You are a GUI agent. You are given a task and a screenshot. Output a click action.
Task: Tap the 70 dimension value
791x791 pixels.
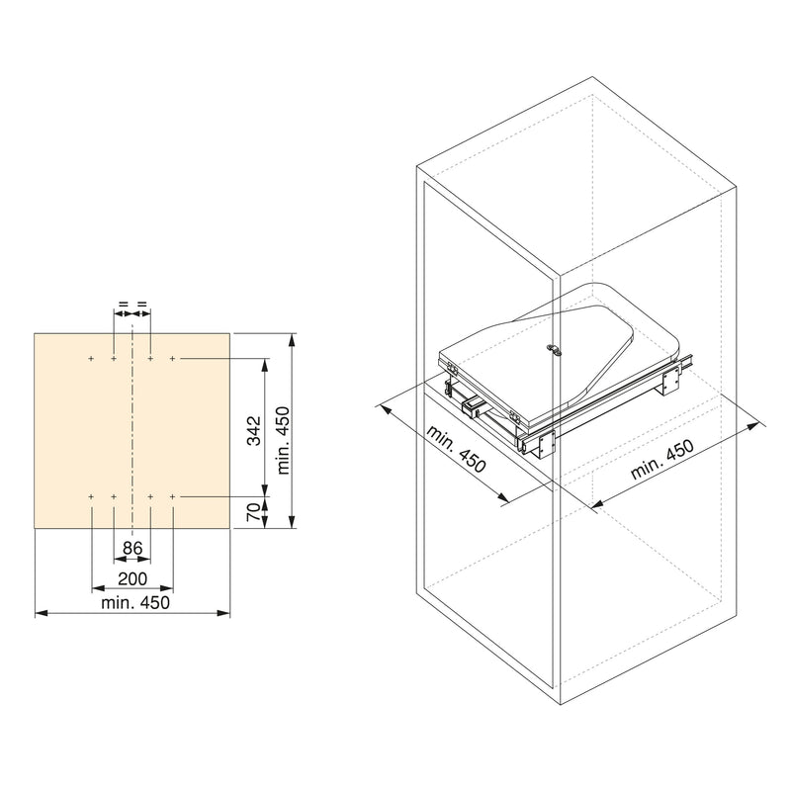[253, 512]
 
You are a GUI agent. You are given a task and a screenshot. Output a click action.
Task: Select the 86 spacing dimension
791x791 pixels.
[132, 547]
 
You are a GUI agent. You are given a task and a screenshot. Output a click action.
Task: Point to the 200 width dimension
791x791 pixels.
[132, 578]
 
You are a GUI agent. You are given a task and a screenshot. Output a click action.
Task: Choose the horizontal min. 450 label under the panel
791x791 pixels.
[133, 602]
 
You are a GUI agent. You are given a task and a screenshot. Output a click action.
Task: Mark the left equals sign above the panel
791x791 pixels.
[124, 305]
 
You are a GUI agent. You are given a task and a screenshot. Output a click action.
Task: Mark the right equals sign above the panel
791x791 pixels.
[142, 305]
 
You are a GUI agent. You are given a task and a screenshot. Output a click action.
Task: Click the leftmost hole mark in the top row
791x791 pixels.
[91, 358]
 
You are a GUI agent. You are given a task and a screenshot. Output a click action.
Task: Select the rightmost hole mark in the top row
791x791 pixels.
[173, 358]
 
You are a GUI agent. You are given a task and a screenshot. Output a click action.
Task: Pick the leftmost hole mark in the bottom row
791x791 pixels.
[91, 494]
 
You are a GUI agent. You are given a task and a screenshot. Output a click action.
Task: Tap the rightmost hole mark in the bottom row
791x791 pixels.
[173, 494]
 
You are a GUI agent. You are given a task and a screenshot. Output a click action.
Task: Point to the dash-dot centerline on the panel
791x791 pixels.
[132, 425]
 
